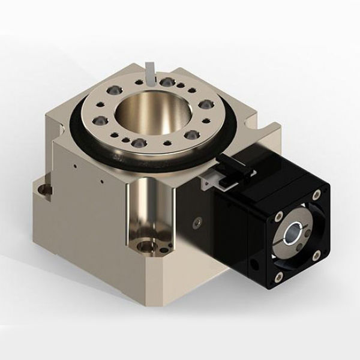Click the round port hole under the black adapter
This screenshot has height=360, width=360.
[x=256, y=262]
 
